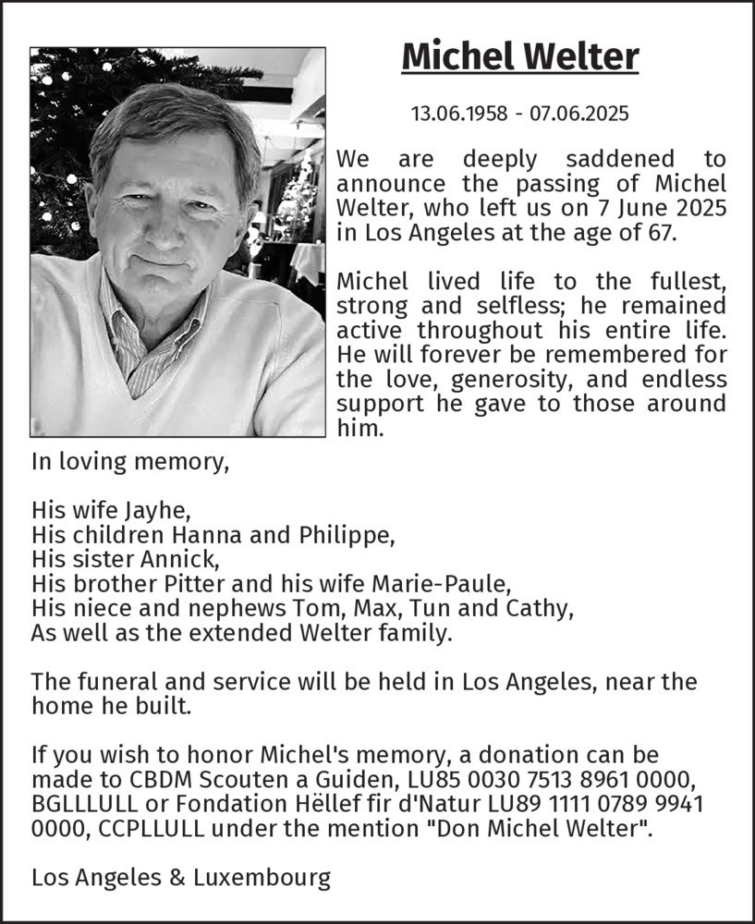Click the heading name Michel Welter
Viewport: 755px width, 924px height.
tap(520, 57)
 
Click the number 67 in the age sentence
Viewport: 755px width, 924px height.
tap(664, 232)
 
